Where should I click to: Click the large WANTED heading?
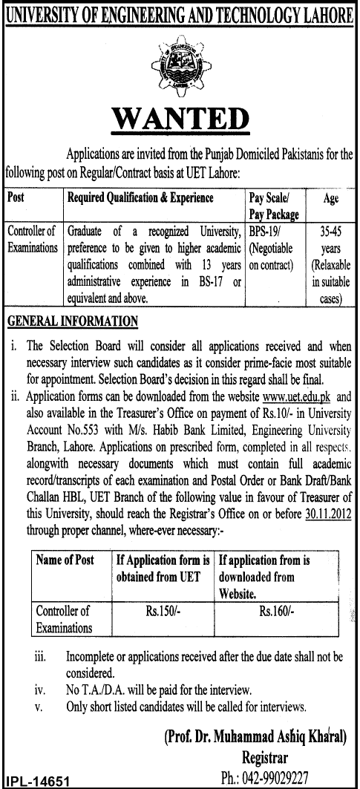click(x=180, y=121)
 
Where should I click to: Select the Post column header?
click(x=15, y=198)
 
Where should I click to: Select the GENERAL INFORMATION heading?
click(x=72, y=321)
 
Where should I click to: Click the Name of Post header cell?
click(x=65, y=560)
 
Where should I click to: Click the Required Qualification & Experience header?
click(x=140, y=198)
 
